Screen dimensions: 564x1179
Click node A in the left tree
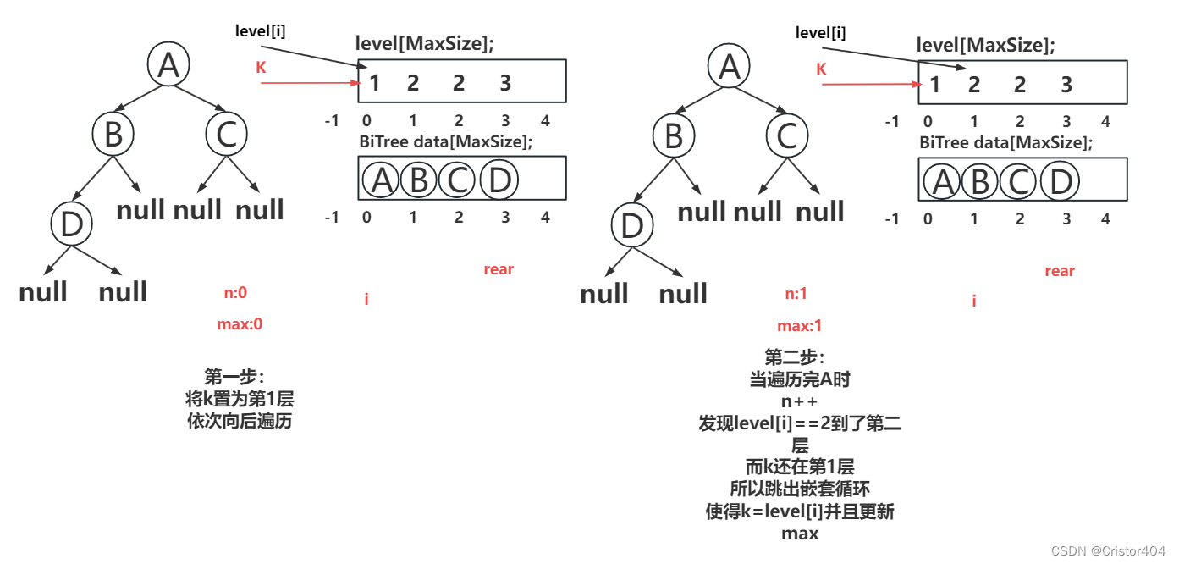(169, 65)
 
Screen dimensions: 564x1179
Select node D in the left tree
(71, 224)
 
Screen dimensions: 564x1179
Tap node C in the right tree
(787, 135)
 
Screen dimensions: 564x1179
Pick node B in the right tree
(674, 135)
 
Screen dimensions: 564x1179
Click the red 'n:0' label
(234, 293)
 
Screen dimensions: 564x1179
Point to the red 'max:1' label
(799, 326)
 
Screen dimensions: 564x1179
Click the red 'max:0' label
(240, 323)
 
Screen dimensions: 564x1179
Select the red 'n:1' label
(796, 294)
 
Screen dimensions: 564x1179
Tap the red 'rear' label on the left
(499, 269)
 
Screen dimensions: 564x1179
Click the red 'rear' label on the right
(1059, 271)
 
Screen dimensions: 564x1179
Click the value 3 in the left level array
(505, 82)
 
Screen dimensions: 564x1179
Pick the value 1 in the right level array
(934, 84)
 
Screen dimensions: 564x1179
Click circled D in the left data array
(499, 180)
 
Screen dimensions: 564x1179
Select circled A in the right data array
(942, 182)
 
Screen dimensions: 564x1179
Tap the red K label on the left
(261, 68)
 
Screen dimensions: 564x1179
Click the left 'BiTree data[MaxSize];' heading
(446, 141)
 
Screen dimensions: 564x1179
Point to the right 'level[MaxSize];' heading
(986, 45)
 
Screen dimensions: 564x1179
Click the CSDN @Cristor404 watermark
(1108, 551)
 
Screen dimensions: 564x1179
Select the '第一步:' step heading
(234, 376)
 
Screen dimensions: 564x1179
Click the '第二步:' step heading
(794, 357)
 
